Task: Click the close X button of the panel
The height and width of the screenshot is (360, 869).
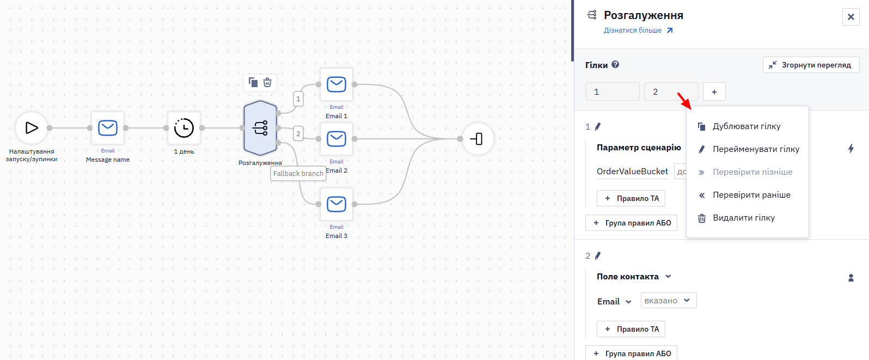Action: pos(851,17)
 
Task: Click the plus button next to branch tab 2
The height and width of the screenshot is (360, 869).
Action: pos(714,92)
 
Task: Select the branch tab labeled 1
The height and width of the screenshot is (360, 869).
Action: pos(612,92)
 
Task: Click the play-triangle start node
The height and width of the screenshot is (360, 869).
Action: pos(32,127)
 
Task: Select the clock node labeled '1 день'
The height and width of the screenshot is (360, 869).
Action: pos(184,128)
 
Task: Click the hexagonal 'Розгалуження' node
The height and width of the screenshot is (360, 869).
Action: pos(260,128)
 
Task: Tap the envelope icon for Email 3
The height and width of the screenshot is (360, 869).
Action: pos(336,204)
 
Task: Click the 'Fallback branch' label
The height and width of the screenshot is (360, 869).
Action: pos(298,173)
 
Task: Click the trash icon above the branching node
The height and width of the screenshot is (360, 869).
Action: pos(267,83)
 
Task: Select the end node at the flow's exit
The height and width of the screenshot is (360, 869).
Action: pos(478,139)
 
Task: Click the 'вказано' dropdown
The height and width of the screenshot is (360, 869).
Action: pos(669,301)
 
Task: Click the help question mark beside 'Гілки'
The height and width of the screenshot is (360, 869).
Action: pos(615,65)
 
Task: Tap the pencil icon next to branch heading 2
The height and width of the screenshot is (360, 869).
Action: pos(598,255)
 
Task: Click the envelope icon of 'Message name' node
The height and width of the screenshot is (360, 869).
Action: pos(107,128)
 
